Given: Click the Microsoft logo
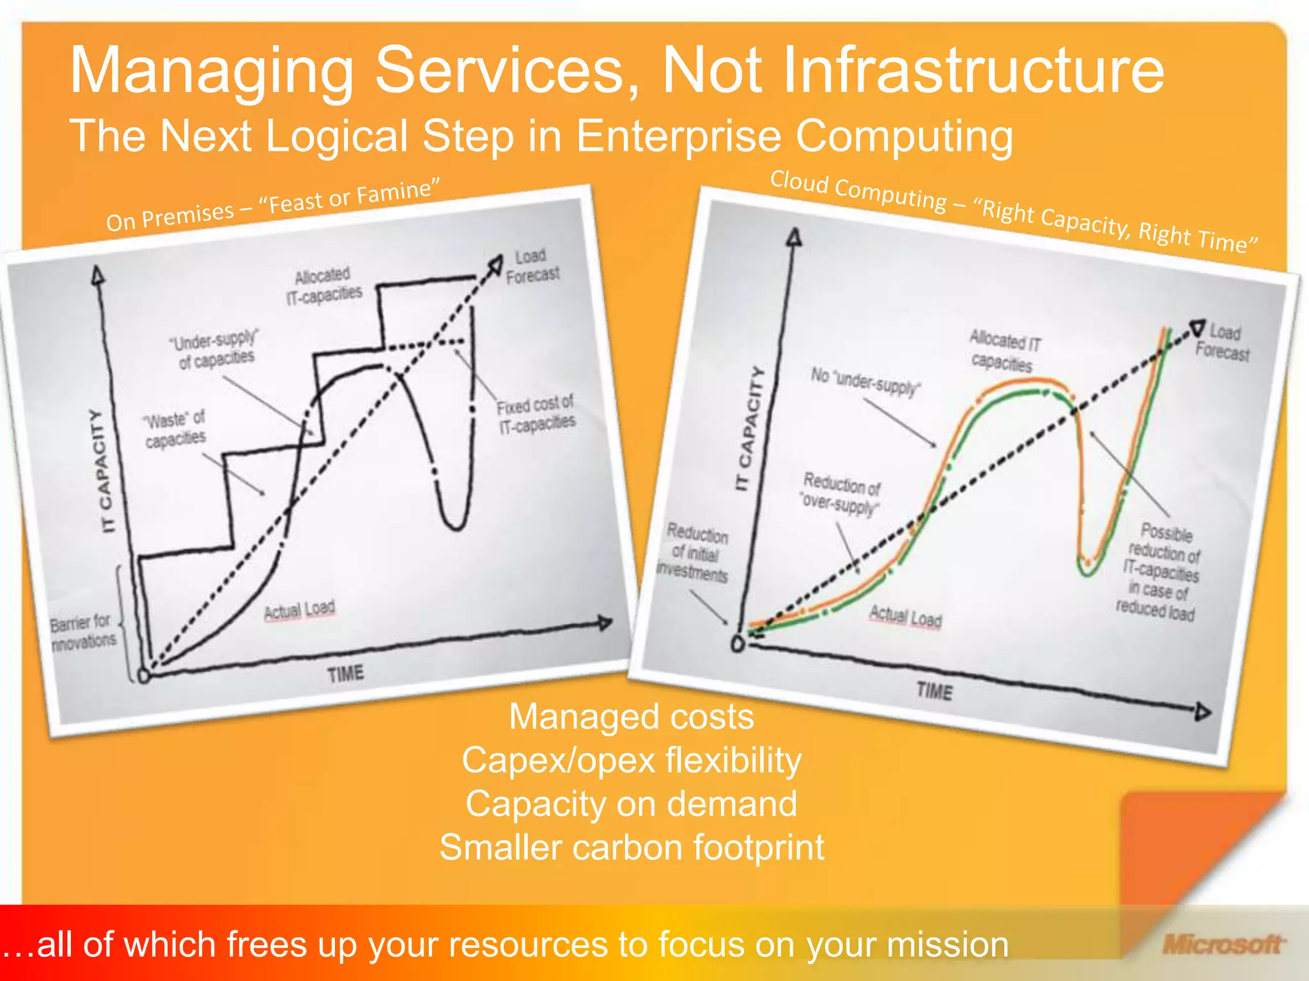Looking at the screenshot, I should click(x=1222, y=944).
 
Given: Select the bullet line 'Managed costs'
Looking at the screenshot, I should click(x=631, y=717).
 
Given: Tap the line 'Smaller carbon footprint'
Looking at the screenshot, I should click(x=631, y=848).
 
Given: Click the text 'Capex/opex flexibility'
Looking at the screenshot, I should click(x=631, y=760).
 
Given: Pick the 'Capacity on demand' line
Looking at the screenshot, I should click(x=631, y=803).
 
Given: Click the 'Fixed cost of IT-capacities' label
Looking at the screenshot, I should click(x=536, y=413).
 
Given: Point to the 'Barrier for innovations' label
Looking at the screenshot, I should click(x=82, y=631).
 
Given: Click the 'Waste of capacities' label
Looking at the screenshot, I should click(x=174, y=429).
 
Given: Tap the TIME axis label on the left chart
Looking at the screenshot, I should click(x=345, y=673).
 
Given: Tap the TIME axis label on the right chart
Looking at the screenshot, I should click(x=934, y=690).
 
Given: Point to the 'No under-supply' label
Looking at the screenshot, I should click(x=865, y=381).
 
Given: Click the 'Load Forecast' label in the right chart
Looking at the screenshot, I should click(x=1223, y=342).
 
